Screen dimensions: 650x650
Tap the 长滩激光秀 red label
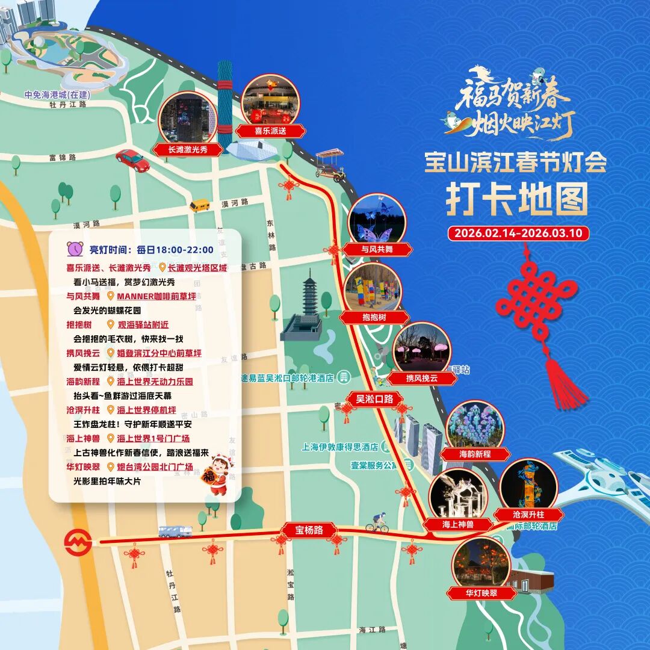click(188, 149)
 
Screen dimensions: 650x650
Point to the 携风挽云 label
click(422, 378)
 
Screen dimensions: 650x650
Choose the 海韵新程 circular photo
click(474, 428)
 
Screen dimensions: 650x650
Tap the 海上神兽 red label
click(458, 524)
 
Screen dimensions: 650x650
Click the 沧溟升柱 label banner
click(528, 515)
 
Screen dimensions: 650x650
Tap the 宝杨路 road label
click(309, 530)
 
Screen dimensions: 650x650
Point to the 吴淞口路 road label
click(374, 398)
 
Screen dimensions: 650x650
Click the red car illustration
click(132, 159)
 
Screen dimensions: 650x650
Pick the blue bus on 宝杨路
click(175, 531)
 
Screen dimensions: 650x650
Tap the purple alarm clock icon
click(75, 248)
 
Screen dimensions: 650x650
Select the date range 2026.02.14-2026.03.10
click(518, 233)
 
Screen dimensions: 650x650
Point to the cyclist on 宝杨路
click(378, 522)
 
